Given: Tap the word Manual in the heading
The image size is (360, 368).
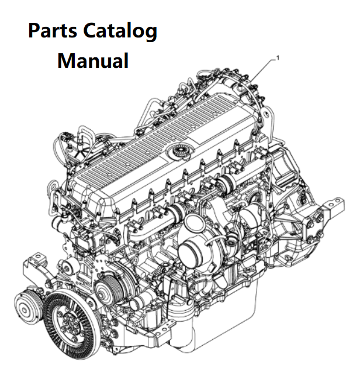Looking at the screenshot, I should click(93, 60).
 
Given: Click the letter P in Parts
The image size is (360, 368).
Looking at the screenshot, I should click(35, 31).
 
